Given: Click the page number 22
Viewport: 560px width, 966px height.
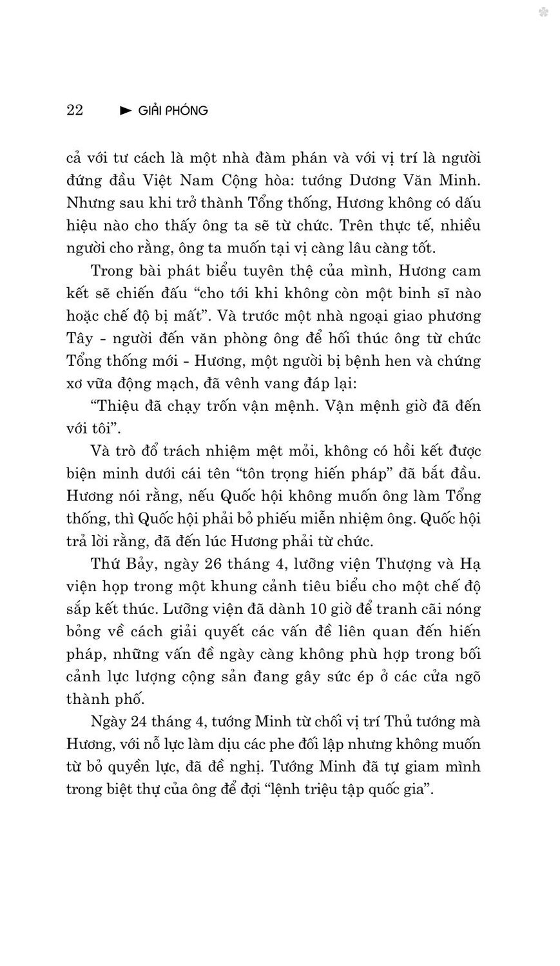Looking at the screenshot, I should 75,110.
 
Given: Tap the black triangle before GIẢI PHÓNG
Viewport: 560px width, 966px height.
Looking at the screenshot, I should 126,111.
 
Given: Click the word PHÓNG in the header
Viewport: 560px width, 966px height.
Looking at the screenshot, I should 189,111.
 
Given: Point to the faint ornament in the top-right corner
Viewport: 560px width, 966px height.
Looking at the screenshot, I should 543,12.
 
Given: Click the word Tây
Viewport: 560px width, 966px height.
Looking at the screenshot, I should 80,338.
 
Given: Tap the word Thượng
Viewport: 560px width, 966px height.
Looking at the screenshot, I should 402,563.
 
